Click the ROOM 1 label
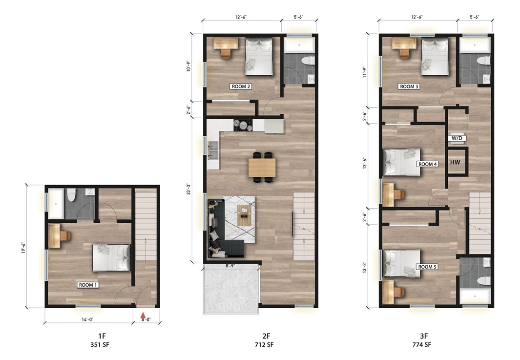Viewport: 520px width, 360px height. pyautogui.click(x=88, y=284)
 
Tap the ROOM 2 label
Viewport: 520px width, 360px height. pyautogui.click(x=240, y=86)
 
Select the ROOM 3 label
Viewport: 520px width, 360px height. pyautogui.click(x=409, y=86)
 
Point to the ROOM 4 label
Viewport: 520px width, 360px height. pyautogui.click(x=427, y=164)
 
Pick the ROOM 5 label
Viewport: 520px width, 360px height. pyautogui.click(x=427, y=267)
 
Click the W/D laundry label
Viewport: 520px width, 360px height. pyautogui.click(x=457, y=138)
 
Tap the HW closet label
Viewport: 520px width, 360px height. pyautogui.click(x=455, y=162)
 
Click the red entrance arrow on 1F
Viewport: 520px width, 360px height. pyautogui.click(x=143, y=316)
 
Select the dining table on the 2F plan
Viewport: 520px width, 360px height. pyautogui.click(x=262, y=168)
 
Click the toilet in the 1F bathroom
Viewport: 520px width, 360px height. pyautogui.click(x=71, y=194)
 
